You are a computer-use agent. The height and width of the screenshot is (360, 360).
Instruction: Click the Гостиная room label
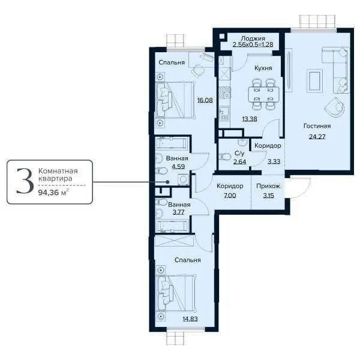pos(317,127)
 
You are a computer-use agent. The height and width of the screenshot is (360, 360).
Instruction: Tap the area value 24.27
pos(317,136)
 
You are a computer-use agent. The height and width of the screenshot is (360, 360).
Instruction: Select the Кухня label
pos(263,68)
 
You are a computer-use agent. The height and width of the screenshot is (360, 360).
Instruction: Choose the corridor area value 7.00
pos(230,196)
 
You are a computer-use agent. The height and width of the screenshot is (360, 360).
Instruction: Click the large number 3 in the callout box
pos(23,181)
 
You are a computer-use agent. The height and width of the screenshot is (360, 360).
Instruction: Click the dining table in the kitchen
pos(263,95)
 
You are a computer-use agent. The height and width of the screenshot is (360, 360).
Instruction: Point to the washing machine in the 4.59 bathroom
pos(183,179)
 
